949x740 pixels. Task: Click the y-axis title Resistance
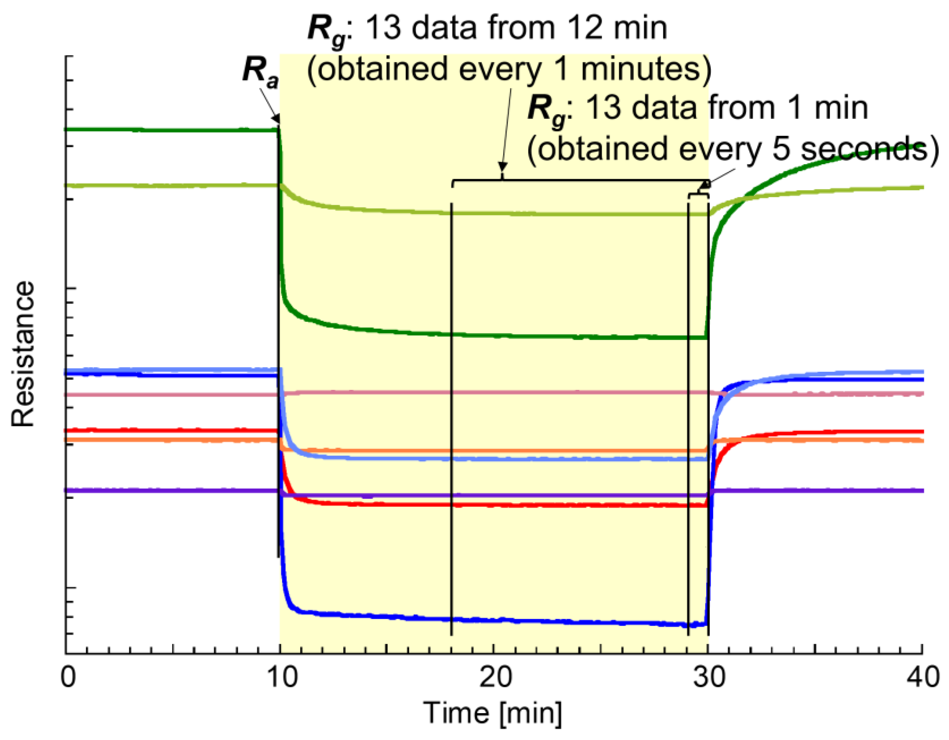23,354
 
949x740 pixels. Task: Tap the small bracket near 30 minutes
698,195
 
